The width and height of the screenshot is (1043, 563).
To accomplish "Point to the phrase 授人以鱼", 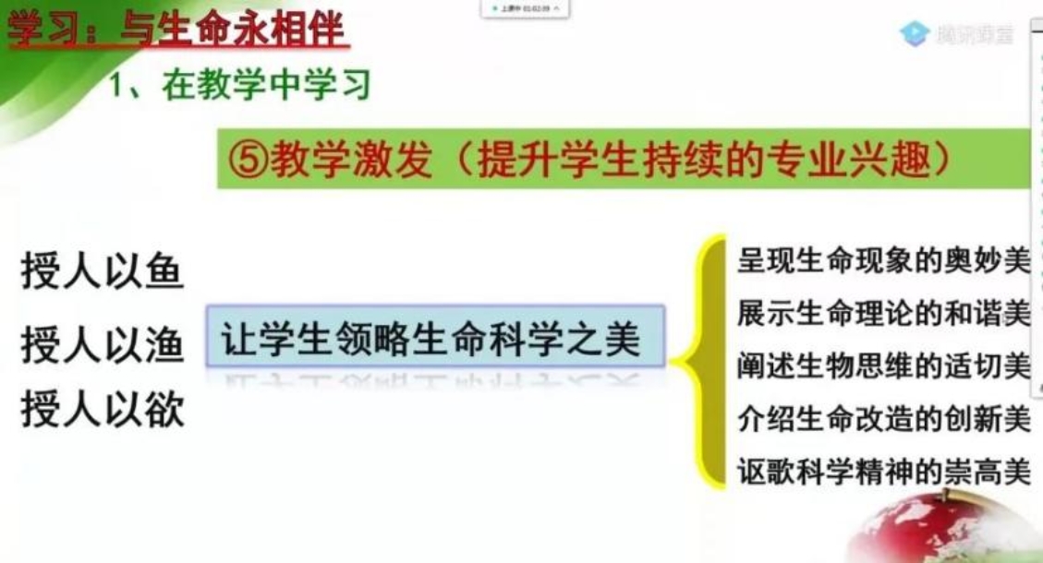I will pos(102,274).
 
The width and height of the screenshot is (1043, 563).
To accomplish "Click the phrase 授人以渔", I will pos(102,346).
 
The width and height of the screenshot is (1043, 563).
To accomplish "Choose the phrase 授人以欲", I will pos(102,411).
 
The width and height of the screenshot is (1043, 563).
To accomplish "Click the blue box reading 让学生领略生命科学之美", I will pos(434,339).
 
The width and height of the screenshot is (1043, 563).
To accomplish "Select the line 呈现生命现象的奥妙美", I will pos(883,262).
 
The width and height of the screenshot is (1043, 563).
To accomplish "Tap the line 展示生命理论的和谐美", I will pos(883,314).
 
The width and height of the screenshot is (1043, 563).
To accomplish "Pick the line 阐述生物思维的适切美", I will pos(883,366).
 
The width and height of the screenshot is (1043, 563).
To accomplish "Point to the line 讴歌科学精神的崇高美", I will pos(883,473).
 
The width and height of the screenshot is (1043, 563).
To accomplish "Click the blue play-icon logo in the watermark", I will pos(914,34).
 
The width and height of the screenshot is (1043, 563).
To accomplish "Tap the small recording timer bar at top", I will pos(524,8).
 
